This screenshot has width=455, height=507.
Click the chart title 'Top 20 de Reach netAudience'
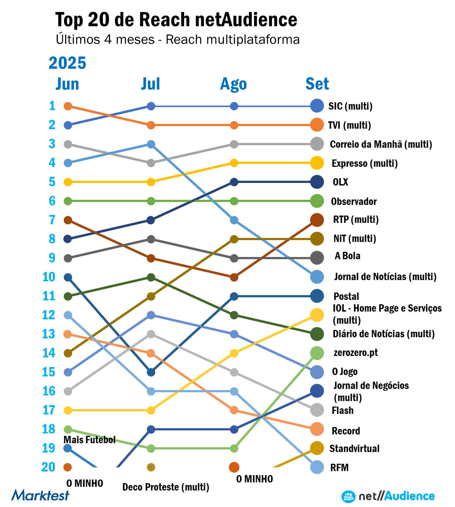(x=176, y=20)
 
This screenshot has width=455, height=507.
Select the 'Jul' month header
(x=150, y=84)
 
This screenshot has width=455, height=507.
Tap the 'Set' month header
(x=317, y=84)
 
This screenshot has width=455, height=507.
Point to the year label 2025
(x=67, y=63)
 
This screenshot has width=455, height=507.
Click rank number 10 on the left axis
(x=49, y=277)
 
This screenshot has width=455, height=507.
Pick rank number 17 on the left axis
(x=49, y=410)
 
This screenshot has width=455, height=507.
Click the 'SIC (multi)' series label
(x=350, y=106)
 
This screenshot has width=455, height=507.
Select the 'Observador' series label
(x=354, y=201)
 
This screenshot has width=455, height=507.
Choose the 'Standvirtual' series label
(x=354, y=448)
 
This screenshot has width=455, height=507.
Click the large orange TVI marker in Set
(x=317, y=125)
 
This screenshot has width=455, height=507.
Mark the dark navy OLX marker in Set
(x=317, y=182)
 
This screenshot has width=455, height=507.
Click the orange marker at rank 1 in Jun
(x=68, y=106)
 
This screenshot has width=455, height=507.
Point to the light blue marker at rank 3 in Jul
(x=151, y=144)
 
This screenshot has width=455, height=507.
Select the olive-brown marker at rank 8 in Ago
(x=234, y=239)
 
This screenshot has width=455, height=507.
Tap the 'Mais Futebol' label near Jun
(x=89, y=440)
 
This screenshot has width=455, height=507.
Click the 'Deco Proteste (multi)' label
(x=166, y=487)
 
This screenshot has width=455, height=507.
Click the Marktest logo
(x=40, y=495)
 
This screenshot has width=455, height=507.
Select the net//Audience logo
(x=388, y=496)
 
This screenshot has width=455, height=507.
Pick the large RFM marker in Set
(x=317, y=467)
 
